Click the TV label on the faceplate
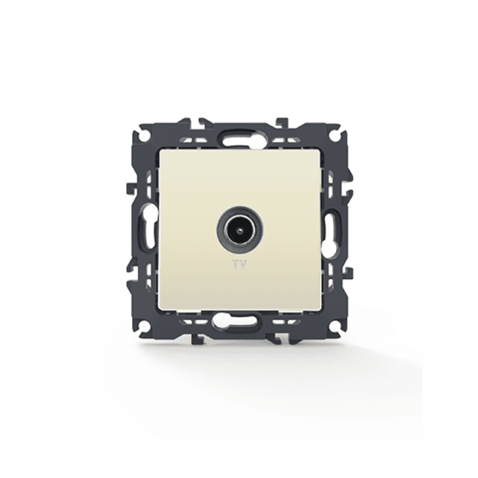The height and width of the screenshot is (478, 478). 239,265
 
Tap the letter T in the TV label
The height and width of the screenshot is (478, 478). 236,265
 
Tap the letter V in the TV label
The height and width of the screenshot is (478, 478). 242,265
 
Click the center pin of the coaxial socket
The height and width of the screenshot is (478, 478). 239,229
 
